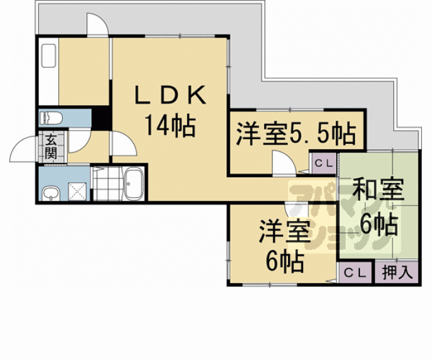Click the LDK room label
pyautogui.click(x=170, y=95)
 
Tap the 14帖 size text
pyautogui.click(x=170, y=126)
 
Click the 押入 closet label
pyautogui.click(x=398, y=273)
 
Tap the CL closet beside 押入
pyautogui.click(x=356, y=273)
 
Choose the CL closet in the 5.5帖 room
pyautogui.click(x=324, y=163)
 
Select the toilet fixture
pyautogui.click(x=51, y=118)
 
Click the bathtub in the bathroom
pyautogui.click(x=134, y=183)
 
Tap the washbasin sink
pyautogui.click(x=51, y=193)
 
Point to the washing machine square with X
pyautogui.click(x=77, y=191)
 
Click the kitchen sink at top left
pyautogui.click(x=49, y=56)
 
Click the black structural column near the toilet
pyautogui.click(x=101, y=118)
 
